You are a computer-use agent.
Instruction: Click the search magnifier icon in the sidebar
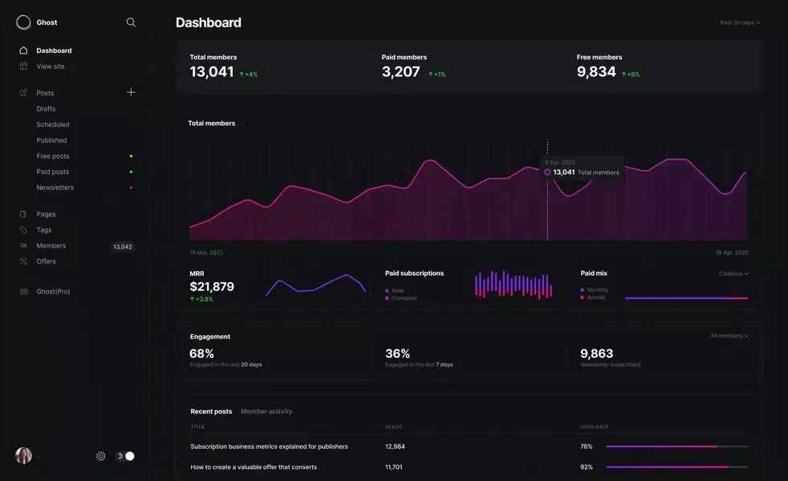coord(131,22)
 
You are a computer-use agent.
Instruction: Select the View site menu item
coord(51,67)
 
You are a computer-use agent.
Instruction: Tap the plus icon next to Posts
coord(131,92)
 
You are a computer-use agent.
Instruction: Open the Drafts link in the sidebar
coord(46,109)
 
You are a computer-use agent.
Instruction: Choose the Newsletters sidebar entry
coord(55,188)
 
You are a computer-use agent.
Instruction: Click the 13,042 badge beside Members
coord(123,247)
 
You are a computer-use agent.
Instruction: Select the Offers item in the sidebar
coord(46,261)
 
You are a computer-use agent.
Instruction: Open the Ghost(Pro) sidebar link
coord(53,292)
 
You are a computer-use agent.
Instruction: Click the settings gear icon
coord(101,456)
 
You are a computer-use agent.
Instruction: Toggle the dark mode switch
coord(125,456)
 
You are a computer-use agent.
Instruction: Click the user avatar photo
coord(23,455)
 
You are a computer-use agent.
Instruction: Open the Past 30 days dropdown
coord(740,22)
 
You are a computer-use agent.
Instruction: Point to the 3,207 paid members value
coord(401,72)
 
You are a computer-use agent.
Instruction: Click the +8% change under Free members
coord(632,75)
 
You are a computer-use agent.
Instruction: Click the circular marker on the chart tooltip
coord(547,172)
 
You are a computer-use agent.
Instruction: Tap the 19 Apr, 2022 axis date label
coord(732,253)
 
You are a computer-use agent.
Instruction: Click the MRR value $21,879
coord(212,287)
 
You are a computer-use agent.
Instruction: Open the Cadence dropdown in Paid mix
coord(733,273)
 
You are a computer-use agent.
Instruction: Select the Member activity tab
coord(266,411)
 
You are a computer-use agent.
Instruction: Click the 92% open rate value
coord(587,467)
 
